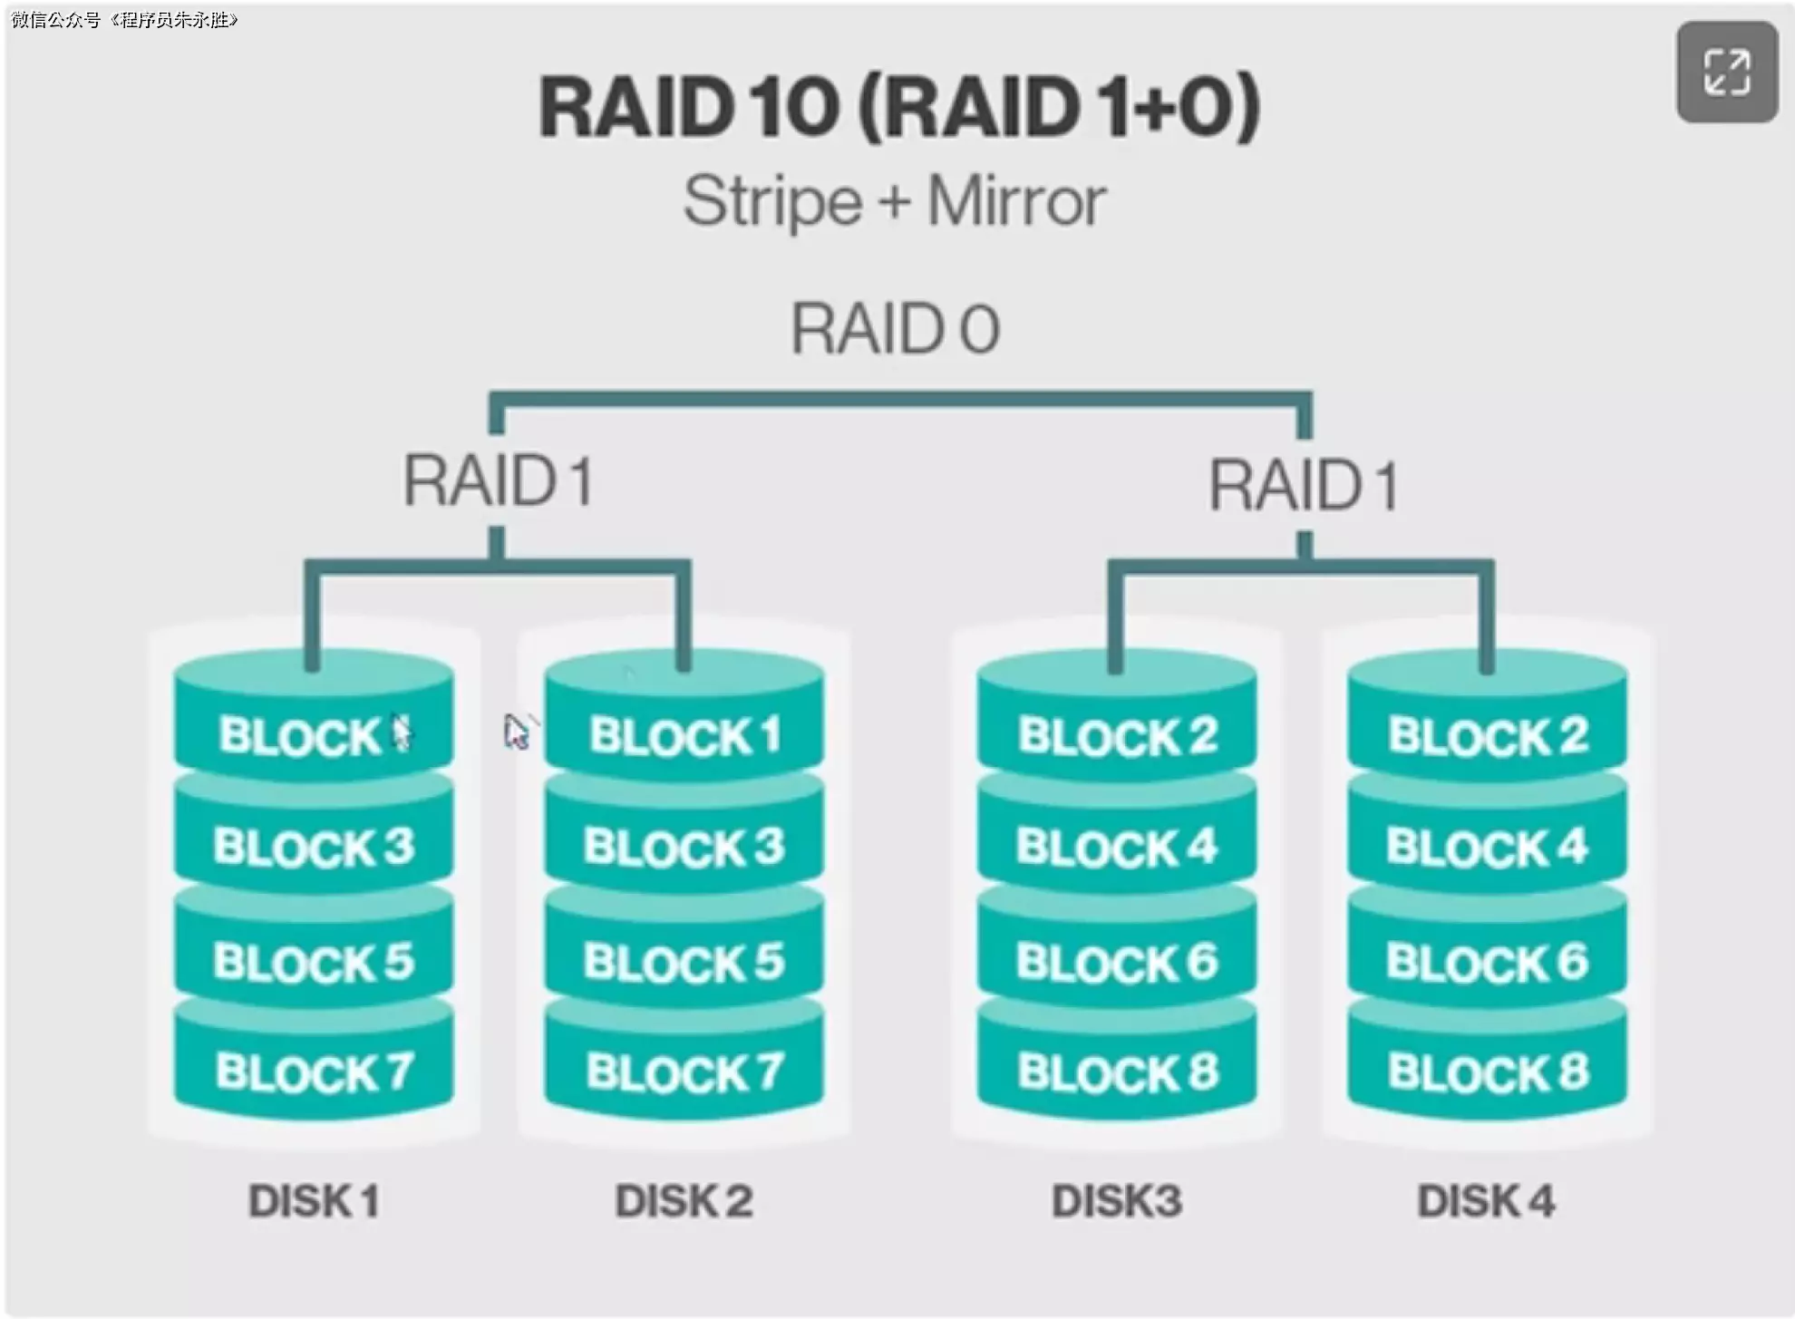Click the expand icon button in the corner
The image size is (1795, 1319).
point(1726,73)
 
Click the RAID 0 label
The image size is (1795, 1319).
point(895,328)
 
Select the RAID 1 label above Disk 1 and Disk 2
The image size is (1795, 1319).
point(498,480)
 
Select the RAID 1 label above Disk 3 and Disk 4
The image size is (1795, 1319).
point(1304,485)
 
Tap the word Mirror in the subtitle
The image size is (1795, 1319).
point(1015,201)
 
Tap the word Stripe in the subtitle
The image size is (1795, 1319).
point(772,201)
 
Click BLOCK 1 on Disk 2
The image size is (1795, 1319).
point(684,735)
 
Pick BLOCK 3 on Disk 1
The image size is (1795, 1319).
point(314,847)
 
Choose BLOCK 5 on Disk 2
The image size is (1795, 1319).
point(684,961)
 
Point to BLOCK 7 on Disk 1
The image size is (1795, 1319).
point(314,1072)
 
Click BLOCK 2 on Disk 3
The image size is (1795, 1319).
point(1117,735)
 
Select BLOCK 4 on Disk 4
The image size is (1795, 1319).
point(1487,847)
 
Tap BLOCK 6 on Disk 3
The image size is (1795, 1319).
point(1117,961)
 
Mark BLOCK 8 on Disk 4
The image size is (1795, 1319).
point(1487,1072)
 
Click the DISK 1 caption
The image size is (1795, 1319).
point(314,1201)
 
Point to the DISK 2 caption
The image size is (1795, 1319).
point(684,1201)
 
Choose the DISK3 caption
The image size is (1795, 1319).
point(1117,1201)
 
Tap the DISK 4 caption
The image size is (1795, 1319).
point(1487,1201)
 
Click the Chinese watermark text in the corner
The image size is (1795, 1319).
point(124,19)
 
